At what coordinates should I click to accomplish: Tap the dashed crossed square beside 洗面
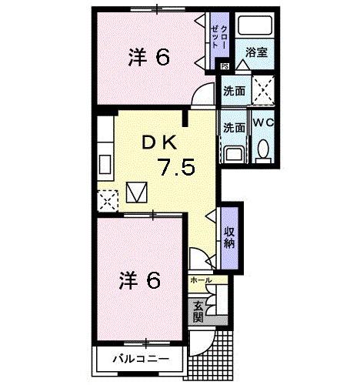(263, 91)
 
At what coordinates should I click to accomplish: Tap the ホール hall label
(199, 281)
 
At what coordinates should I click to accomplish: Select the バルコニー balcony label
(139, 358)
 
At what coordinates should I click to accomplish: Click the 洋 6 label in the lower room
(141, 281)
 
